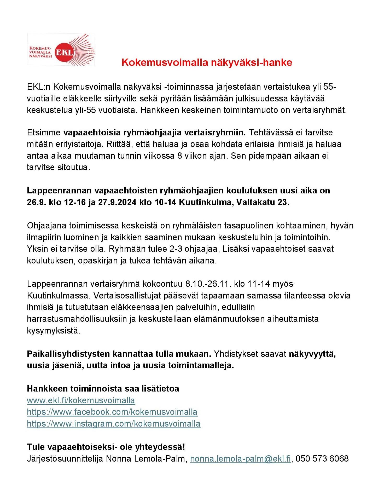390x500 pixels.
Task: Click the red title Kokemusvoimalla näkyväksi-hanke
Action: (x=207, y=63)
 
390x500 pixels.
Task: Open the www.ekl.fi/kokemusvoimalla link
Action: (x=81, y=400)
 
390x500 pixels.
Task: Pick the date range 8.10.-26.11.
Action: (x=207, y=284)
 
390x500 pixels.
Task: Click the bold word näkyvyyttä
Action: (x=312, y=354)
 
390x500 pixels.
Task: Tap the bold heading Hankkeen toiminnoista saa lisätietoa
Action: (x=103, y=388)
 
